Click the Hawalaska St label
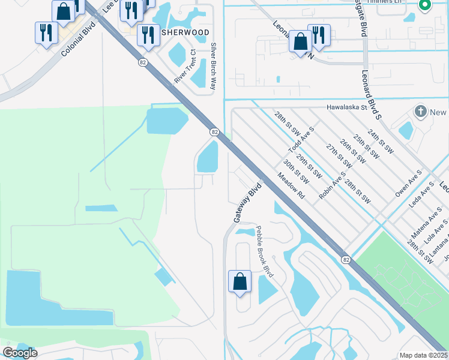coord(347,108)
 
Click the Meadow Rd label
coord(291,187)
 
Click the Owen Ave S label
coord(409,183)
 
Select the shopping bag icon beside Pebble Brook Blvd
coord(240,281)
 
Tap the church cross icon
coord(421,112)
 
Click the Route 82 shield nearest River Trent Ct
coord(142,62)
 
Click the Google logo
coord(20,353)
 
